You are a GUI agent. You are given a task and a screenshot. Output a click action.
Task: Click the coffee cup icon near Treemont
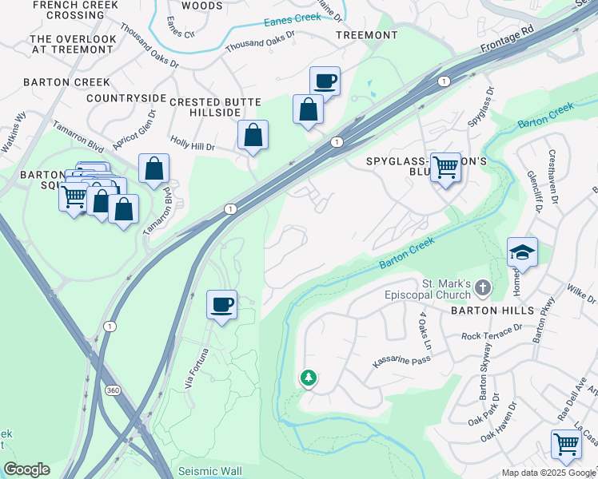pos(325,81)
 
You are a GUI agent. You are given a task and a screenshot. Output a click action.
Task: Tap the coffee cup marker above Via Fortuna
pos(221,303)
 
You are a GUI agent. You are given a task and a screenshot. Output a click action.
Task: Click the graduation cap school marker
pos(521,252)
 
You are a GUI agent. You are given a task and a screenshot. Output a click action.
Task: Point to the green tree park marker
pos(308,377)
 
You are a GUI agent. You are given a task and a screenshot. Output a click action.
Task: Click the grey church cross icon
pos(482,287)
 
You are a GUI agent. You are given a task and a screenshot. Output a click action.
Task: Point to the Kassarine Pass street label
pos(401,362)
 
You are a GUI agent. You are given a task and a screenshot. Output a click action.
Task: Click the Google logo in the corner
pos(26,469)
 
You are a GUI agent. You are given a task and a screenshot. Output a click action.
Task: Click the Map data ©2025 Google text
pos(548,473)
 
